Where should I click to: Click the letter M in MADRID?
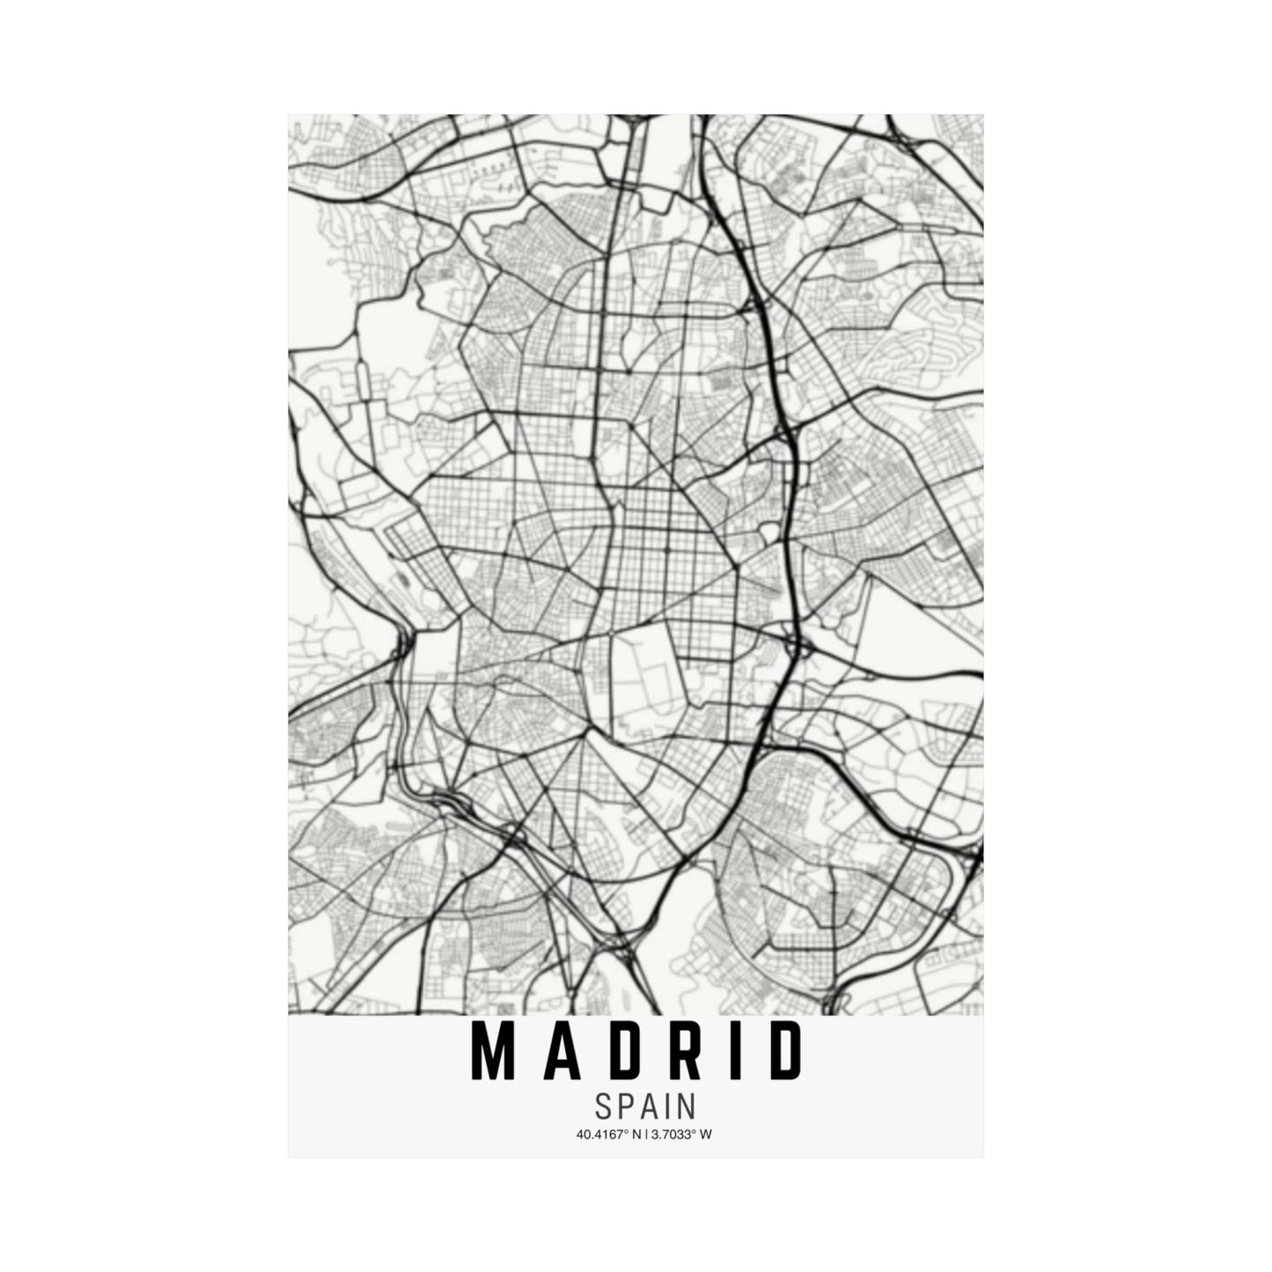click(x=493, y=1051)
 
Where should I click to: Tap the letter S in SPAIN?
click(x=604, y=1107)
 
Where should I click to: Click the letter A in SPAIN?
click(x=648, y=1107)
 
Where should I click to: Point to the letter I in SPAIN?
click(x=666, y=1107)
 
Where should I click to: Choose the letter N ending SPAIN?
click(x=686, y=1107)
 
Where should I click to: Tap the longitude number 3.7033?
click(x=671, y=1135)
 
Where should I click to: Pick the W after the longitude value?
click(x=707, y=1135)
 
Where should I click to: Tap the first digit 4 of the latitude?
click(x=580, y=1135)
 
